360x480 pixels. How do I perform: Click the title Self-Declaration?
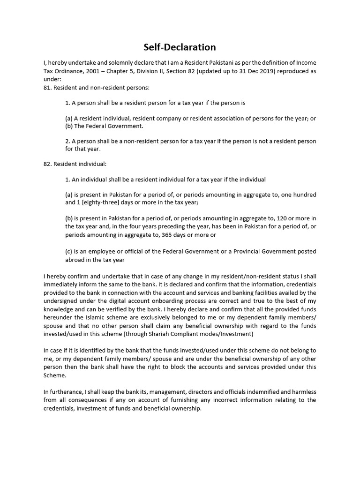click(x=180, y=47)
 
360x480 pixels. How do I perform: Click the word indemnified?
click(x=243, y=391)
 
